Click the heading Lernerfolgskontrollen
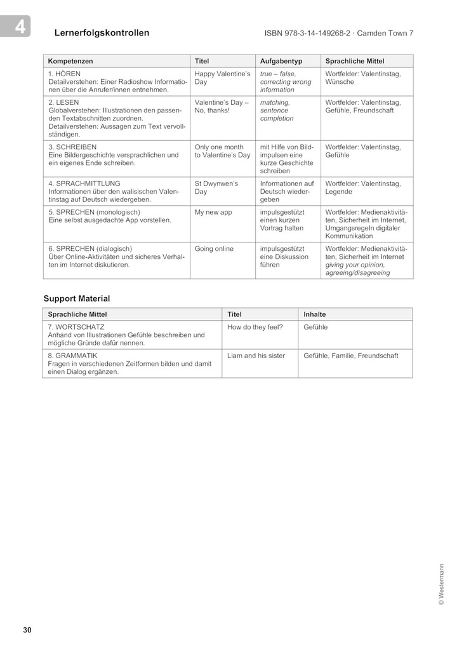102,33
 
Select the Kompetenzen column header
70,61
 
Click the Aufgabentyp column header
281,61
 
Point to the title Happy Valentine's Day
222,78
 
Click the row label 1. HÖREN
65,74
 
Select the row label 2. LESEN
63,102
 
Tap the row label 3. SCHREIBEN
72,147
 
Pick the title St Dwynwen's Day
216,187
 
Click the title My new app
213,212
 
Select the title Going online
214,249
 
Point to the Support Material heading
77,298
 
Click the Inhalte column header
315,314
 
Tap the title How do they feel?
255,327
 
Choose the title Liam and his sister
256,356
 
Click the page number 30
27,630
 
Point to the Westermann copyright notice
441,585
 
